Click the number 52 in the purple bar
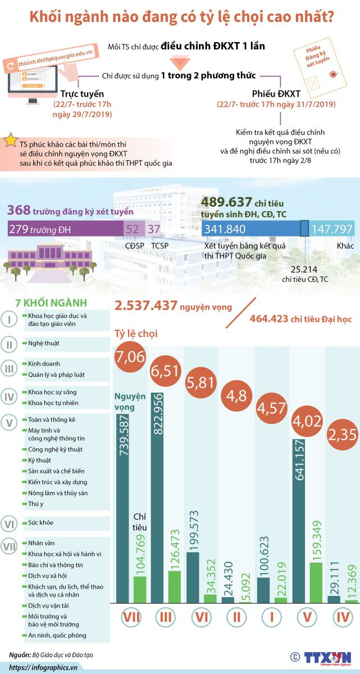[133, 229]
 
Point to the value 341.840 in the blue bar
[225, 229]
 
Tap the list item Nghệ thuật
[43, 343]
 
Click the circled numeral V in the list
[10, 421]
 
